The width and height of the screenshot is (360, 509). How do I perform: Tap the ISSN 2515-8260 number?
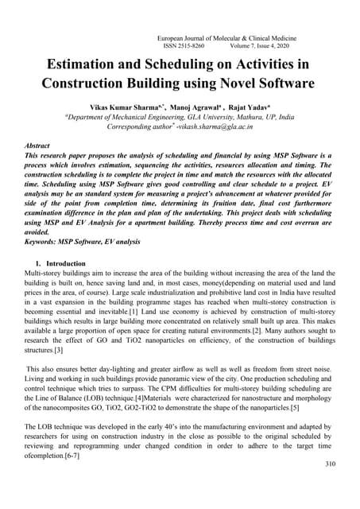(x=186, y=48)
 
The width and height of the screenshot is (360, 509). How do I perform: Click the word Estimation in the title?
(x=88, y=66)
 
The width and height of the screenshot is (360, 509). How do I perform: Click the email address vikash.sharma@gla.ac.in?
(x=230, y=126)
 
